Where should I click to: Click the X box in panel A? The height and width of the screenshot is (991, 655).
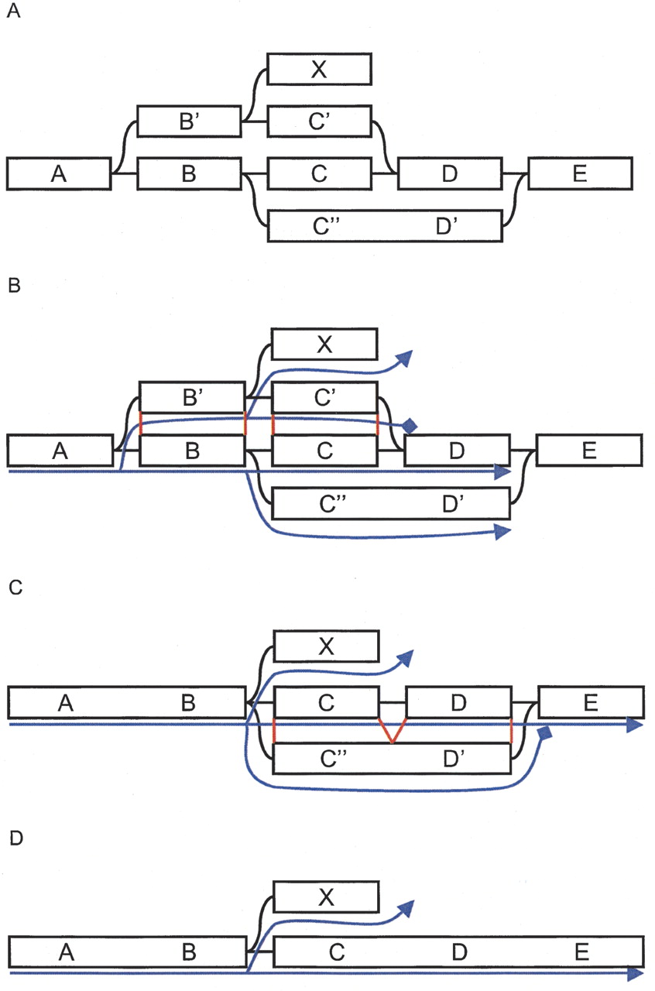point(319,68)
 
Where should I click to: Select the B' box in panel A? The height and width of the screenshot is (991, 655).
point(190,122)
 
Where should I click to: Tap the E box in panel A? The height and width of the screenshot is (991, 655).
point(580,173)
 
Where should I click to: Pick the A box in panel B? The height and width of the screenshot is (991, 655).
point(59,451)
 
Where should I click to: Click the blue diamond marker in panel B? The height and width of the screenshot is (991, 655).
point(410,426)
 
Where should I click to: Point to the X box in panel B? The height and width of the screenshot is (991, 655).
point(324,344)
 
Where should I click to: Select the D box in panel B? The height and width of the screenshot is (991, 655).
point(457,451)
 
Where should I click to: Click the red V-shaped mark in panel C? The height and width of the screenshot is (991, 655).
point(393,732)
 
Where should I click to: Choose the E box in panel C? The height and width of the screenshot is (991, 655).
point(590,702)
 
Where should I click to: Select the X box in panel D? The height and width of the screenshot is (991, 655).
point(326,897)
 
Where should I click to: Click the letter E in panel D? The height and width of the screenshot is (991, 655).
point(582,951)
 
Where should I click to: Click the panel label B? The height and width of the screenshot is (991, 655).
point(13,287)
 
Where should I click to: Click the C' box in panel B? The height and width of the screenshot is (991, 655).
point(324,397)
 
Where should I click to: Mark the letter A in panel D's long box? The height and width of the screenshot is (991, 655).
point(66,952)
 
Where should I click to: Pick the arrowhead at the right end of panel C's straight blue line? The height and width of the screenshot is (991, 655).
point(636,725)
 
